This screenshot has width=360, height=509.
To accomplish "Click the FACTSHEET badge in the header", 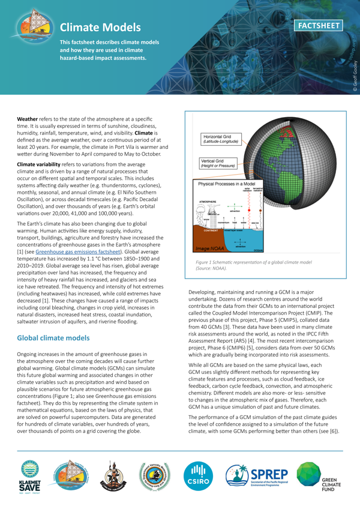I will [320, 25].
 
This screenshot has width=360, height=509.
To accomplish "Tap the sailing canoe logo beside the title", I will [35, 25].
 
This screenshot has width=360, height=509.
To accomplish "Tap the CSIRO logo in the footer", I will [197, 477].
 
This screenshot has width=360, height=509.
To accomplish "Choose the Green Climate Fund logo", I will [318, 477].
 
